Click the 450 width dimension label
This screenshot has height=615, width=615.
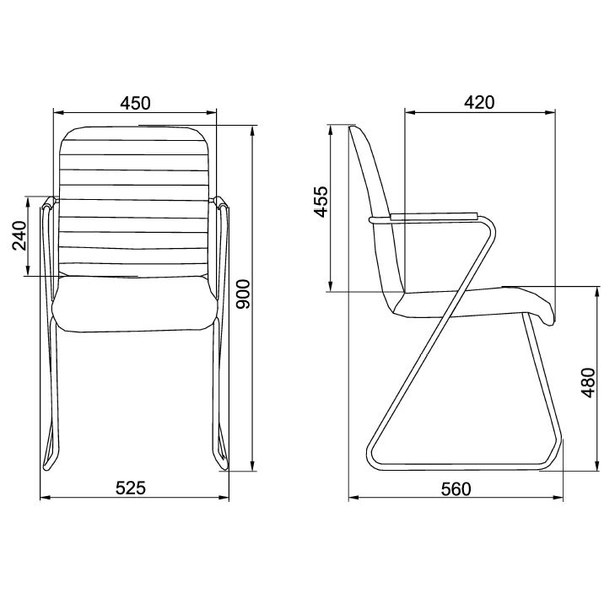click(x=135, y=103)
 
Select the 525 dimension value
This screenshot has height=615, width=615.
click(x=131, y=487)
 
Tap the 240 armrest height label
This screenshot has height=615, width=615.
click(x=19, y=236)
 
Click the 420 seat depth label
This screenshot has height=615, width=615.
click(x=478, y=103)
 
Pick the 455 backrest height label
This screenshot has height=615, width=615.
click(x=321, y=202)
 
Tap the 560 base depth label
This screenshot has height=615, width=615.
click(x=456, y=488)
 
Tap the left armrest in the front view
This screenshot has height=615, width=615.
click(x=50, y=236)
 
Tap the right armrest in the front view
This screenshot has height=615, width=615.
click(x=222, y=236)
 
